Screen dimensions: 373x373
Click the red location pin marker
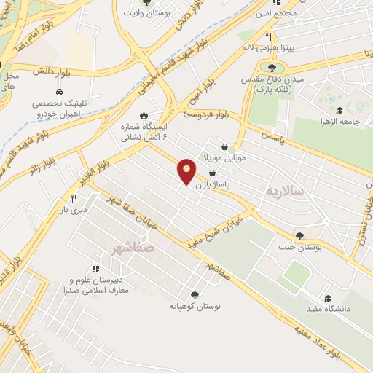pos(187,171)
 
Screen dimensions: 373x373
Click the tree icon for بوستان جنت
pos(299,236)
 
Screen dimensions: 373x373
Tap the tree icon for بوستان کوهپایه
pos(195,295)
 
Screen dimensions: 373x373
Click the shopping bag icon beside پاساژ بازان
pos(212,173)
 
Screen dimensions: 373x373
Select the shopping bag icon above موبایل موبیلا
pos(233,146)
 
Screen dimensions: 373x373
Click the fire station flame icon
pos(144,115)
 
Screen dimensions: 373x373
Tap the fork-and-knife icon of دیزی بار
pos(74,198)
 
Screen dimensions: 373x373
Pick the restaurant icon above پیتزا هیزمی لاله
pos(268,36)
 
